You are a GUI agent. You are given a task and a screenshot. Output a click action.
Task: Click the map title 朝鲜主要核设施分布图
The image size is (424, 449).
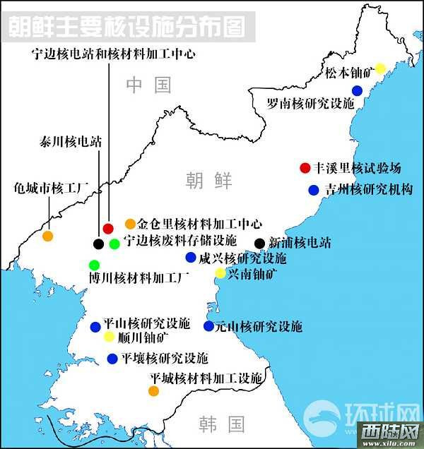pos(128,28)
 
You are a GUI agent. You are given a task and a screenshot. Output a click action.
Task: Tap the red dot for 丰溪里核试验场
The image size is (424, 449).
pos(305,168)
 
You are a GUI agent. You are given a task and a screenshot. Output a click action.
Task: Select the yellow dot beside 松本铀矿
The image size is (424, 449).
pos(380,68)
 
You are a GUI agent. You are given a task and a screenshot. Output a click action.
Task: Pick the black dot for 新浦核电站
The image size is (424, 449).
pos(259,244)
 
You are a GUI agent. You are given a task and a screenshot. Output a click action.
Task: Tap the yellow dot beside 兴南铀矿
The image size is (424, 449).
pos(220,273)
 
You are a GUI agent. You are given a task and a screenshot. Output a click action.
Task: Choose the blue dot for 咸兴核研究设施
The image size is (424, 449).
pos(190,258)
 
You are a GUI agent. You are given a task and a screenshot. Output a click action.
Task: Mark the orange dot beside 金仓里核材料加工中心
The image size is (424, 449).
pos(129,224)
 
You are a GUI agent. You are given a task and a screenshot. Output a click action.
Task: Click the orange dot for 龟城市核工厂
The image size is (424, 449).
pos(47,236)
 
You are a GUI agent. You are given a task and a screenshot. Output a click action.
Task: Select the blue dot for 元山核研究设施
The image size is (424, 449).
pos(208,326)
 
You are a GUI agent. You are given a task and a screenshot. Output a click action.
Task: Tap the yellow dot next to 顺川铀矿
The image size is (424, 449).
pos(109,337)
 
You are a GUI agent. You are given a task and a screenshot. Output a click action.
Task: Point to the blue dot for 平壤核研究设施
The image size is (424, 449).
pos(112,359)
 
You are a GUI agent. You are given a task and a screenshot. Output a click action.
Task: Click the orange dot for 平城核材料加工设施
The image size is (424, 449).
pos(153,390)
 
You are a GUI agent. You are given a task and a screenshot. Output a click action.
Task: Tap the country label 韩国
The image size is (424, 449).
pos(221,424)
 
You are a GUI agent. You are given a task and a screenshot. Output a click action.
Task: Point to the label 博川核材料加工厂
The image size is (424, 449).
pos(139,278)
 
